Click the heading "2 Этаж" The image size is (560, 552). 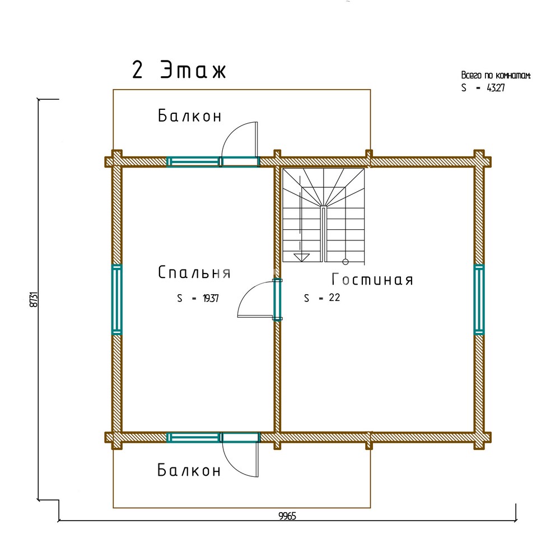tap(179, 69)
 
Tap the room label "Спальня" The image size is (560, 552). tap(194, 272)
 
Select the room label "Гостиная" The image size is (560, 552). tap(372, 280)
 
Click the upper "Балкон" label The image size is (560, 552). tap(190, 116)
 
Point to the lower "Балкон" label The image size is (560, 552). tap(189, 470)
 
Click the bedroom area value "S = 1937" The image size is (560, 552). tap(198, 298)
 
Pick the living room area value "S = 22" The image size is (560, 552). tap(322, 298)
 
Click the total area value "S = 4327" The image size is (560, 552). tap(483, 87)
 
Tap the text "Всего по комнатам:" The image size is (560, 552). tap(496, 76)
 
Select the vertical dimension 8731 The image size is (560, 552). tap(34, 300)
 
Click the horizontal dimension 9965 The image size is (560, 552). tap(287, 516)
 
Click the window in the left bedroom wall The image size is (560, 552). tap(117, 300)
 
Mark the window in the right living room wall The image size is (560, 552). tap(479, 300)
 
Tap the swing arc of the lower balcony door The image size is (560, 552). tap(231, 467)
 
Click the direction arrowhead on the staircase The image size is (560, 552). tap(301, 257)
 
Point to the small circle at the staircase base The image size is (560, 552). tap(346, 262)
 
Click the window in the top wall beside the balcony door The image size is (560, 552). tap(193, 161)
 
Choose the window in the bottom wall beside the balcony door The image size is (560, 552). tap(193, 437)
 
